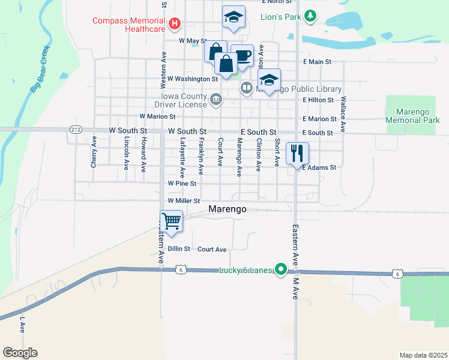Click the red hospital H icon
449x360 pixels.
(x=175, y=24)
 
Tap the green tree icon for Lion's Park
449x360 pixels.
(x=310, y=16)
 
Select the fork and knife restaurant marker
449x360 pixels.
(x=297, y=154)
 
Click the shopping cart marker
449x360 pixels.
(x=172, y=221)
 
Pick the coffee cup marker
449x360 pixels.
(x=242, y=56)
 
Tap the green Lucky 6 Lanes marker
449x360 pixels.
(x=280, y=270)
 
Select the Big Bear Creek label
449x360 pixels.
(x=39, y=70)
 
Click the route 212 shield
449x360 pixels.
(x=76, y=129)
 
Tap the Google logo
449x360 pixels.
(x=20, y=352)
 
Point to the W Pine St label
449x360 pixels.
(x=182, y=183)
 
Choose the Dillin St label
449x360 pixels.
(x=178, y=249)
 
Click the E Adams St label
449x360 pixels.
(x=319, y=168)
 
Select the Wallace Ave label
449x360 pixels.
(x=343, y=114)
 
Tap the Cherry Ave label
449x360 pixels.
(x=94, y=153)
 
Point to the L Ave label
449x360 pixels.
(x=22, y=325)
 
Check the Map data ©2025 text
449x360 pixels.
(x=423, y=355)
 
